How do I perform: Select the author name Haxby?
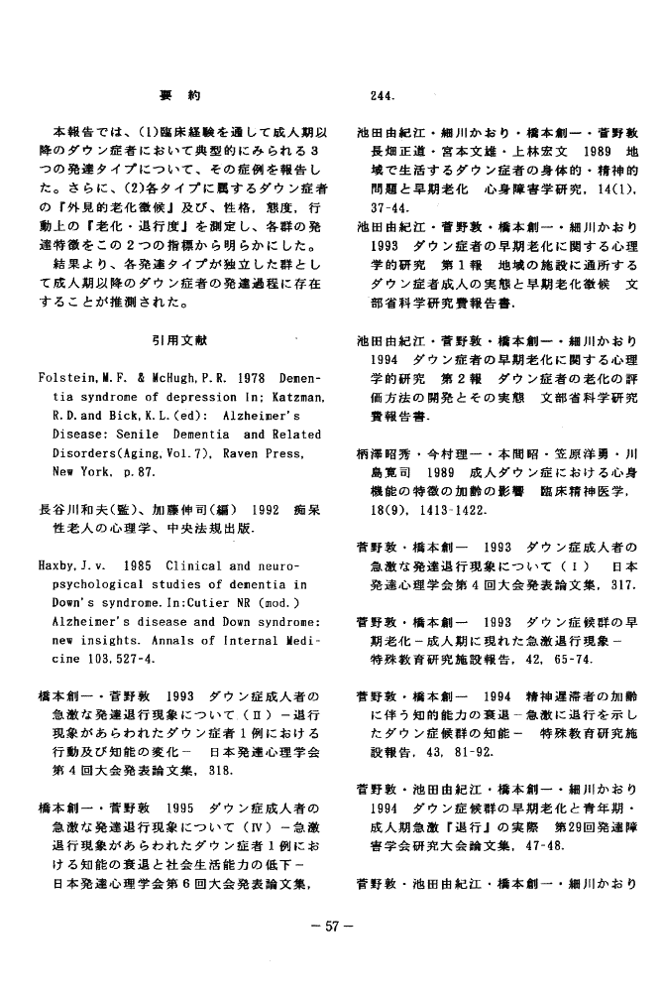tap(61, 566)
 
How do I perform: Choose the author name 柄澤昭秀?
tap(387, 453)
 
